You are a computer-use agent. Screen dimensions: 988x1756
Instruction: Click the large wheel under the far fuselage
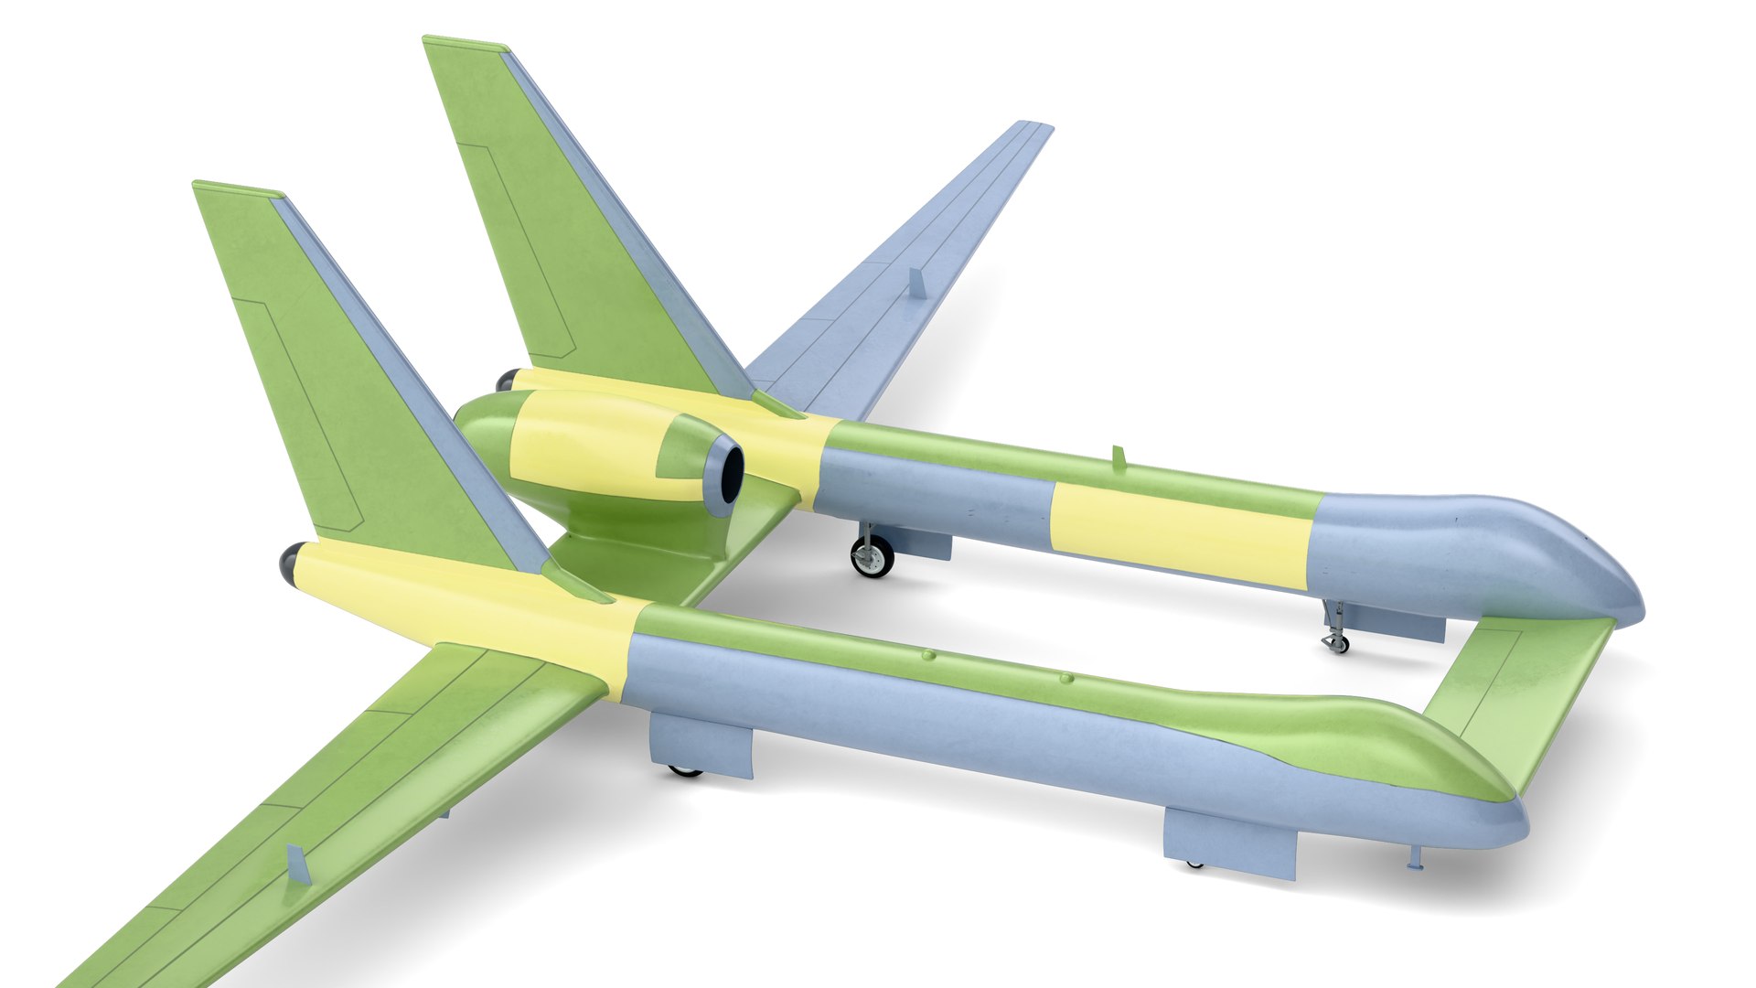(x=872, y=555)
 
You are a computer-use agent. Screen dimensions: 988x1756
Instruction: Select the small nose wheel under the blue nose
(x=1336, y=642)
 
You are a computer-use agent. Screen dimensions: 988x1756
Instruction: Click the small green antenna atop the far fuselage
(x=1118, y=457)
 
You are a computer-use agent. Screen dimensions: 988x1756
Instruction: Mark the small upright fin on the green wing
(x=297, y=864)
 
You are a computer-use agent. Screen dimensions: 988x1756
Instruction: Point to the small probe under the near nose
(x=1416, y=860)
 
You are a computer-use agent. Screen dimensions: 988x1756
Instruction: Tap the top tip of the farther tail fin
(x=465, y=42)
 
